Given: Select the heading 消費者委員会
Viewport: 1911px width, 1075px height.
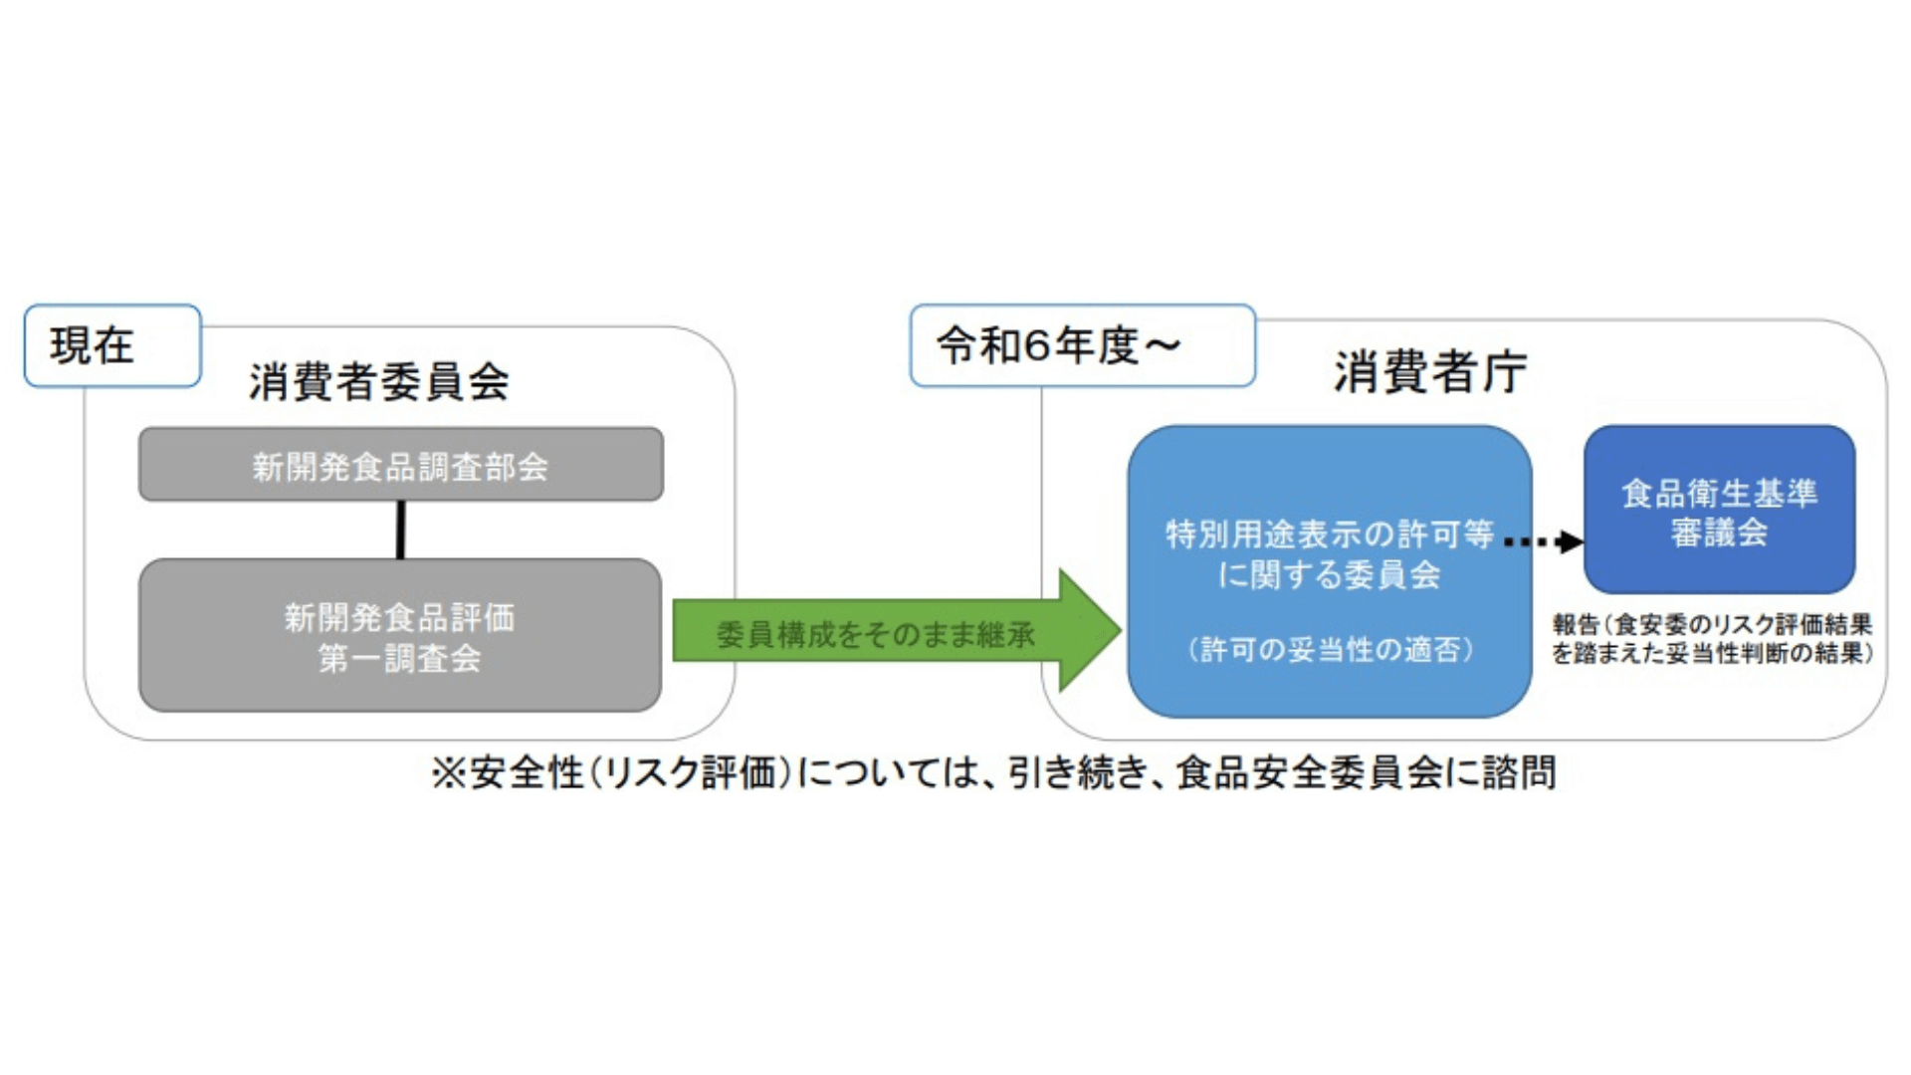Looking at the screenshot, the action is (x=379, y=381).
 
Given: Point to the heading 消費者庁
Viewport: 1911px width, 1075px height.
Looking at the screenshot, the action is (x=1429, y=372).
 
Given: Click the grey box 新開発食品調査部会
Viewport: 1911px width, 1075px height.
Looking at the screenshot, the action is (x=401, y=465).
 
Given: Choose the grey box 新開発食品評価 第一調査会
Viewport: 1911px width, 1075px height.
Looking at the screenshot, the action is (x=400, y=635).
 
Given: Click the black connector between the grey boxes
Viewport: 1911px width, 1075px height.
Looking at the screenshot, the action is (x=401, y=530).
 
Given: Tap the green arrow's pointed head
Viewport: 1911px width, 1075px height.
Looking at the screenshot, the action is (x=1122, y=630).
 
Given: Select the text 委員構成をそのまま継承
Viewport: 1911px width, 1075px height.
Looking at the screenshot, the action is (x=876, y=635).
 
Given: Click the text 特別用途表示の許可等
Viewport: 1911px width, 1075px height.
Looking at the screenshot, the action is (x=1330, y=535).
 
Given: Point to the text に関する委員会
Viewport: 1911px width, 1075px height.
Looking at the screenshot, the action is (x=1330, y=574).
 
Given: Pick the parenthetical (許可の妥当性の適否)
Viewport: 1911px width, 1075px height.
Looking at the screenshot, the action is (x=1330, y=650).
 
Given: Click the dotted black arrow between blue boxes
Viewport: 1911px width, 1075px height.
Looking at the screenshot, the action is (x=1543, y=541).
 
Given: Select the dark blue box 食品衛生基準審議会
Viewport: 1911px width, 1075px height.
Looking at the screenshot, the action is (x=1719, y=510).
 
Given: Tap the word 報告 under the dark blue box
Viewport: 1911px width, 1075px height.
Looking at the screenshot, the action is (x=1576, y=625).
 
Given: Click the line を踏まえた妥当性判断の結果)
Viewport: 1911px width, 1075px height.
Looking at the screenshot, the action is (x=1713, y=653).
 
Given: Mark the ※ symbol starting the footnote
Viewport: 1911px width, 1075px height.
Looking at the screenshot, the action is (x=449, y=773).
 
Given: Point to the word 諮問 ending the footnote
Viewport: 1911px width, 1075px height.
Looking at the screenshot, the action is (x=1519, y=772).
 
